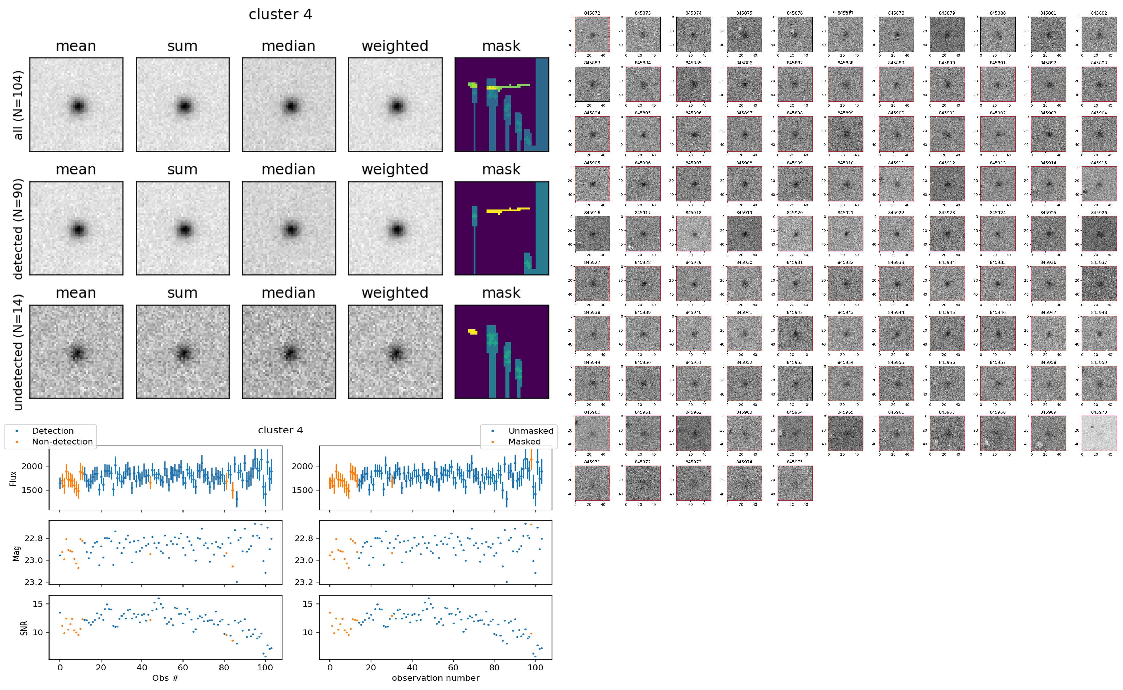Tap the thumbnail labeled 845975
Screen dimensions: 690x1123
795,483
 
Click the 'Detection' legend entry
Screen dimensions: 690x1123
53,431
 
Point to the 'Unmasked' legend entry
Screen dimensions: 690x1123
531,431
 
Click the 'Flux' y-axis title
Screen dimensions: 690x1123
13,478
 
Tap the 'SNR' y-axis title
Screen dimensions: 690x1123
24,628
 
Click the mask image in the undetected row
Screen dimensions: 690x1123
502,352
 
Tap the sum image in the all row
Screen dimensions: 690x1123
182,105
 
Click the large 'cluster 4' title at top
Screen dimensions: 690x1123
280,15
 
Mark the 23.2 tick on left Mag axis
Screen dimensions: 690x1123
33,582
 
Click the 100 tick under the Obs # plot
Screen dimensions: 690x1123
265,667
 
